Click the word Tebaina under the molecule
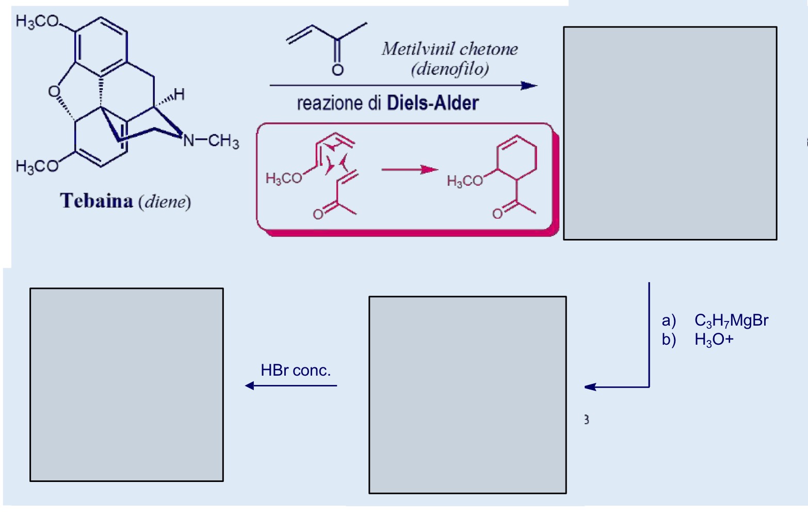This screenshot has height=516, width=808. [x=96, y=201]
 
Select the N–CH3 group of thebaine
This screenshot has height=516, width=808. [x=211, y=140]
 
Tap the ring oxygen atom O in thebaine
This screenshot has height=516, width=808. [x=54, y=92]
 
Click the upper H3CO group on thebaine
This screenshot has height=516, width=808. [x=38, y=21]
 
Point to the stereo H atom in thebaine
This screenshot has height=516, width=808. [x=179, y=94]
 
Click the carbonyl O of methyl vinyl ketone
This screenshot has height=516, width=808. [x=337, y=70]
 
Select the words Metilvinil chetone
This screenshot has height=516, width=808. [x=449, y=49]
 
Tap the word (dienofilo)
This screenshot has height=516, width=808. [x=449, y=69]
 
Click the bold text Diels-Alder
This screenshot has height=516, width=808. [x=432, y=103]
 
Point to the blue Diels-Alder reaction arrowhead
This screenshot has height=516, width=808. [x=529, y=86]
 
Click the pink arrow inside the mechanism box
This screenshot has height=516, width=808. [x=410, y=170]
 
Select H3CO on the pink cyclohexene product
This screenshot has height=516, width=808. [x=464, y=181]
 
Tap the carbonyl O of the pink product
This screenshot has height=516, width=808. [x=497, y=213]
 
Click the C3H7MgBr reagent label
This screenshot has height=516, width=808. [x=731, y=321]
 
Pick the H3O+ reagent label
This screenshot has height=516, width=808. [x=714, y=340]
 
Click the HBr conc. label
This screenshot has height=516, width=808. [x=296, y=370]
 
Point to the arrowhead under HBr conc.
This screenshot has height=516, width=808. [x=250, y=385]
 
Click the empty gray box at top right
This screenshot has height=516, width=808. [x=670, y=133]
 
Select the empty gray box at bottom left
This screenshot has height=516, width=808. [x=126, y=384]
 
